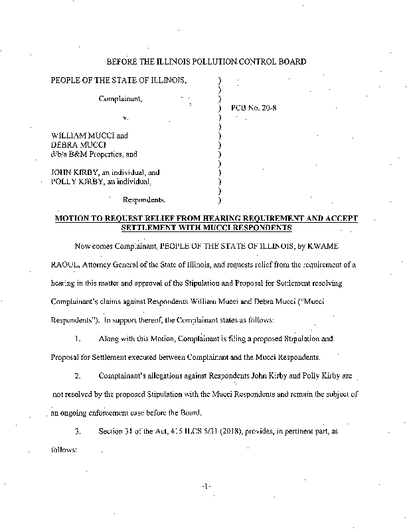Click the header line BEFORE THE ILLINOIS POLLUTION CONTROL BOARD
(x=206, y=62)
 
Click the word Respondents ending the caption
(x=144, y=198)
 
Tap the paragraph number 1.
(x=78, y=338)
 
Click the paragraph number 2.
(x=78, y=376)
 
